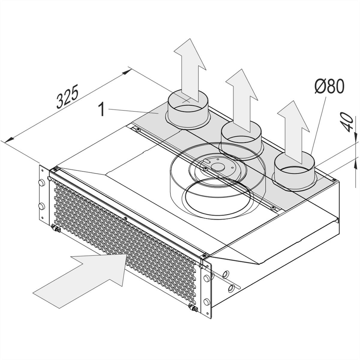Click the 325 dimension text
tap(67, 97)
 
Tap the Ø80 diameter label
tap(329, 86)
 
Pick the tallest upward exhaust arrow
tap(190, 70)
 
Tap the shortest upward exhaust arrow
tap(293, 132)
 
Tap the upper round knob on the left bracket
tap(41, 182)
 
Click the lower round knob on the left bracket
tap(41, 206)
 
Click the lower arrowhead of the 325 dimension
tap(9, 140)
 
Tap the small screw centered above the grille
tap(126, 218)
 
